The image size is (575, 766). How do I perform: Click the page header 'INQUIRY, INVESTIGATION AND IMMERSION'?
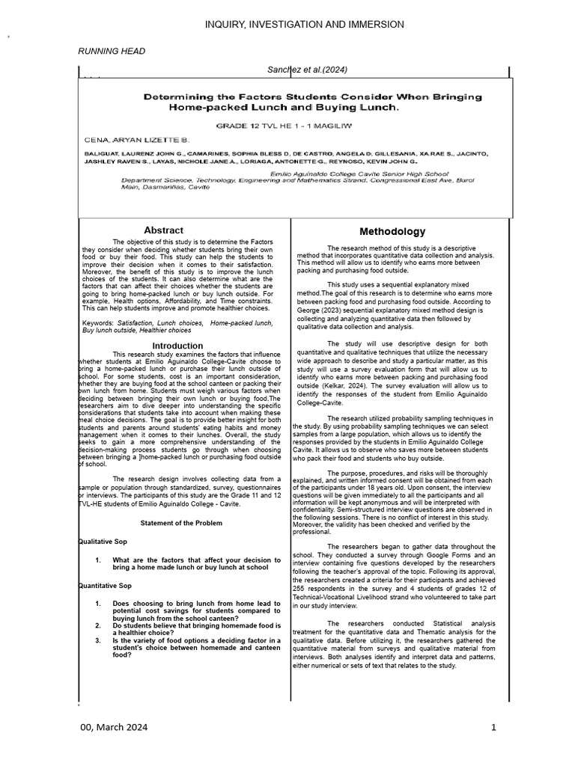pos(305,25)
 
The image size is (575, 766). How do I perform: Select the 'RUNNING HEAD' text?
pos(112,51)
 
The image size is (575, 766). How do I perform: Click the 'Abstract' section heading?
pos(163,230)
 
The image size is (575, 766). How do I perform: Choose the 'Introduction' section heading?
pos(177,346)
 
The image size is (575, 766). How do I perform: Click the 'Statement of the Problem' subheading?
pos(177,523)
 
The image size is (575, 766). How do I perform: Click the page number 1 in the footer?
pos(494,728)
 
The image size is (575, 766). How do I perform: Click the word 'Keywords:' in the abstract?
pos(98,323)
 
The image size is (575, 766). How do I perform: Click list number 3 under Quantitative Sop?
pos(98,641)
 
